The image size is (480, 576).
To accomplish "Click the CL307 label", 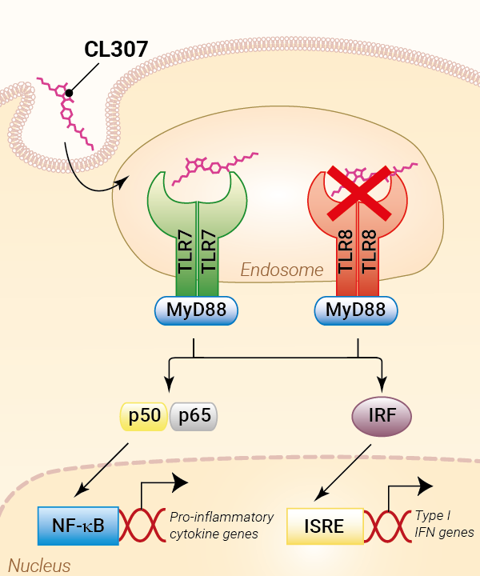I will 116,50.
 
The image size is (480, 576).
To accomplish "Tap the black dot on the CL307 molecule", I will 70,94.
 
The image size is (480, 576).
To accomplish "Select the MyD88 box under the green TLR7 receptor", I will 197,309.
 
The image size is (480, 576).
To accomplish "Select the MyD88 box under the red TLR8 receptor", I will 357,309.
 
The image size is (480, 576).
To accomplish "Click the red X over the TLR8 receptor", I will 358,193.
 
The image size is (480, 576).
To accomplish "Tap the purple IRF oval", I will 381,416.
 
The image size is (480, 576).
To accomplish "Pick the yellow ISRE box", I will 325,526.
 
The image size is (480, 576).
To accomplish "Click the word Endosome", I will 282,270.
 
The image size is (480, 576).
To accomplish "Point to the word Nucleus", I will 40,566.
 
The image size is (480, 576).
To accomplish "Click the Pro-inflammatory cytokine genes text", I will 222,525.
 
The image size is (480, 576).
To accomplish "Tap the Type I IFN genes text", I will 444,524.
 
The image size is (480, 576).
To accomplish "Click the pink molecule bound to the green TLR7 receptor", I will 220,164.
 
